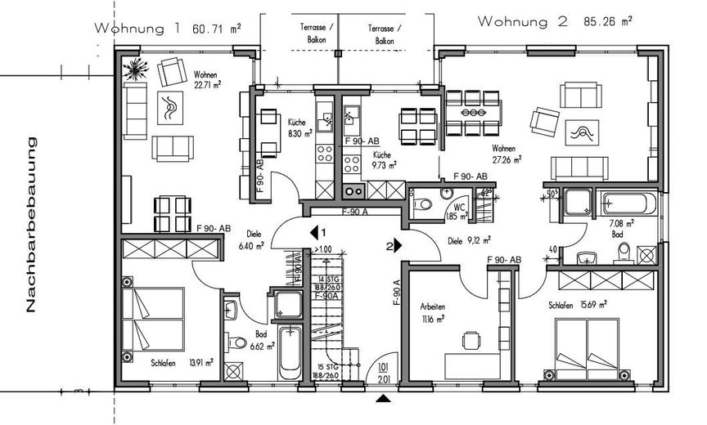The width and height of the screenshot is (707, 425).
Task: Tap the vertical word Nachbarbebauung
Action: (x=33, y=226)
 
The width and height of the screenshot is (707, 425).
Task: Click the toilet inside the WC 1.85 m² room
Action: (x=423, y=208)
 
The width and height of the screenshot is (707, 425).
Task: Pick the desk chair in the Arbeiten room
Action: (x=469, y=340)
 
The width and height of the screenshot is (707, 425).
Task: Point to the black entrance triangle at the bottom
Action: (x=381, y=398)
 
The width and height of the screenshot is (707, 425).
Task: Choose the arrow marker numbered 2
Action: (x=394, y=244)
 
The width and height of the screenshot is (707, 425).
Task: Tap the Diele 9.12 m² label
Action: (x=470, y=241)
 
